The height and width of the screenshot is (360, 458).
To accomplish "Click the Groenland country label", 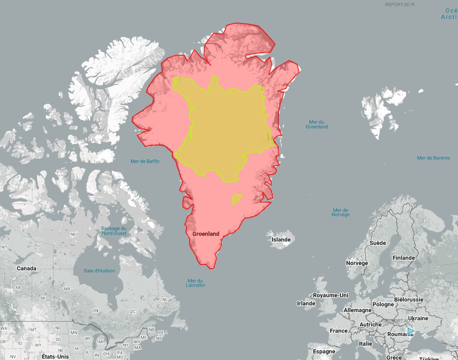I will (x=205, y=234).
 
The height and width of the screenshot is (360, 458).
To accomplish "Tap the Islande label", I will (x=281, y=240).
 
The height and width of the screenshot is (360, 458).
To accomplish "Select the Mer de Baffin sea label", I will (x=145, y=161).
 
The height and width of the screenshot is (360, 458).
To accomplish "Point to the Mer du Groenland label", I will (x=317, y=124).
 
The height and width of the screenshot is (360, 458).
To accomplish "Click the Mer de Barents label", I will (x=434, y=158).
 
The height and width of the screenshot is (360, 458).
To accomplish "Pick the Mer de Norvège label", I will (x=341, y=212).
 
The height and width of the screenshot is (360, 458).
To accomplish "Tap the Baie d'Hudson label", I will (x=99, y=271).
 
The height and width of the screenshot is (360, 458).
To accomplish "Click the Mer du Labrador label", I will (x=196, y=283).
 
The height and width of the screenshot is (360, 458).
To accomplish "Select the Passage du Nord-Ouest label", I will (x=114, y=231).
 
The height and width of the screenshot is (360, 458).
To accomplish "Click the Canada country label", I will (x=26, y=268).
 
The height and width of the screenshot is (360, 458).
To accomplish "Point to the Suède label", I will (x=378, y=243).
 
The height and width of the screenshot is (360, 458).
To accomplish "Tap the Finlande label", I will (x=404, y=258).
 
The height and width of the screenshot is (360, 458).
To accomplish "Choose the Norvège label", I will (x=357, y=263).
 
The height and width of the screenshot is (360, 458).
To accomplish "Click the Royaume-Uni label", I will (x=330, y=295).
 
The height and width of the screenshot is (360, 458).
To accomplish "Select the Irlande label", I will (x=306, y=303).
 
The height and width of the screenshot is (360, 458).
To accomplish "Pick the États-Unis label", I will (x=55, y=357).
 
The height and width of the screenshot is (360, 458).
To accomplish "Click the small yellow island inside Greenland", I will (x=236, y=199).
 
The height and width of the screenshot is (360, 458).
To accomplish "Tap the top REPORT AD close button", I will (x=413, y=4).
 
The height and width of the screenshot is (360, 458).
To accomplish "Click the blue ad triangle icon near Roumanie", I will (x=410, y=331).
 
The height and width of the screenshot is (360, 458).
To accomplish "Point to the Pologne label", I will (x=383, y=304).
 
